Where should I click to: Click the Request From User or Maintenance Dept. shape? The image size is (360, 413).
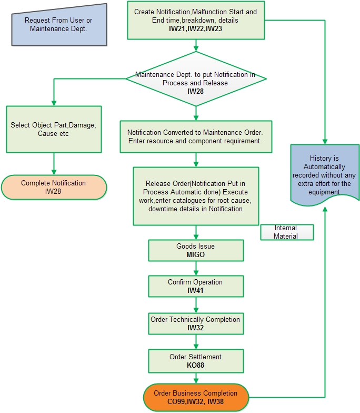pos(58,24)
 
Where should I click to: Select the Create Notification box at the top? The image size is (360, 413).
pos(196,21)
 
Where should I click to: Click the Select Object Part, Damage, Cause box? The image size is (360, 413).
pos(54,130)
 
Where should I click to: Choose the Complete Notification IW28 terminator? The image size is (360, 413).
pos(54,187)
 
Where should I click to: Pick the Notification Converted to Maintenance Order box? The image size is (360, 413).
pos(196,137)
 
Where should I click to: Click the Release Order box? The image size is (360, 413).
pos(196,196)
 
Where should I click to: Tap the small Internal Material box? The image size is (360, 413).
pos(286,232)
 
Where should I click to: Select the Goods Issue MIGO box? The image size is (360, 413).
pos(196,251)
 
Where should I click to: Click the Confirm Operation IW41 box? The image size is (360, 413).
pos(196,286)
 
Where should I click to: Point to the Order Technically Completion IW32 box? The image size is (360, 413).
pos(196,323)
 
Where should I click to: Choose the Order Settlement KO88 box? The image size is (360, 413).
pos(196,361)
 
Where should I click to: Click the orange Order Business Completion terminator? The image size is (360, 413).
pos(196,397)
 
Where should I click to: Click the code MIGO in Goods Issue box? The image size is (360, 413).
pos(196,255)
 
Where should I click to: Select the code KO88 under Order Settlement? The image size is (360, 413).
pos(196,365)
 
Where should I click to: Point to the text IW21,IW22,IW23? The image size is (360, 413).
pos(196,29)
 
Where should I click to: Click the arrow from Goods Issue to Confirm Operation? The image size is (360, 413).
pos(196,268)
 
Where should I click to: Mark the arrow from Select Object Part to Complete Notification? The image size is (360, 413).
pos(54,164)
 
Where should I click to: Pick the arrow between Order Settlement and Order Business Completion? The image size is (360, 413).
pos(196,378)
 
